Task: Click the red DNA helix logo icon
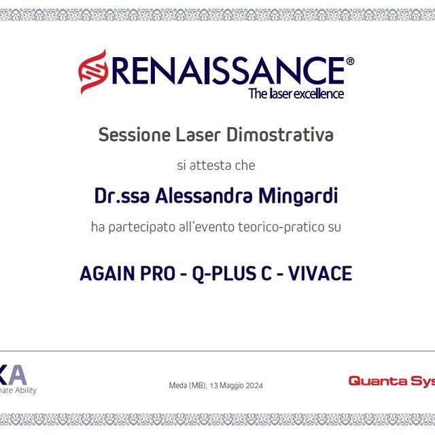(x=92, y=70)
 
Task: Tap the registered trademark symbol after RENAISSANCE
(x=350, y=61)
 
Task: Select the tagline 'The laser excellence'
(x=296, y=94)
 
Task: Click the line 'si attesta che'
(x=216, y=165)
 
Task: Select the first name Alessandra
(x=205, y=196)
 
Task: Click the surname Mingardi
(x=299, y=196)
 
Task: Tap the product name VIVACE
(x=320, y=274)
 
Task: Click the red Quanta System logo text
(x=391, y=381)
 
